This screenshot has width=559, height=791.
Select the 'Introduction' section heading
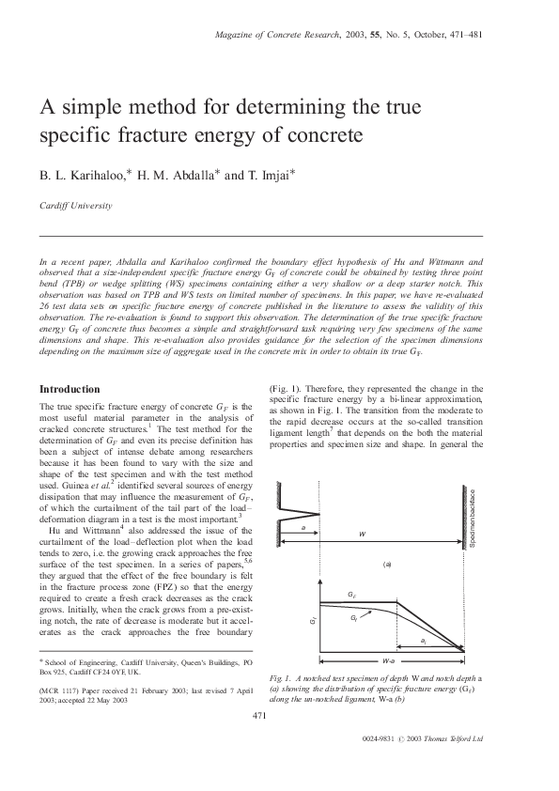[x=69, y=389]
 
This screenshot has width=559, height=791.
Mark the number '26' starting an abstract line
[x=44, y=306]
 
